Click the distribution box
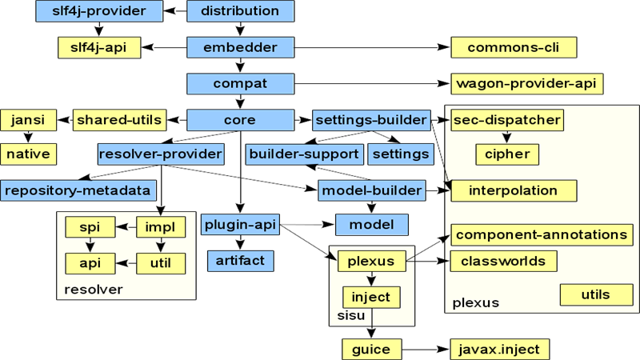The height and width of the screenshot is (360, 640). coord(240,11)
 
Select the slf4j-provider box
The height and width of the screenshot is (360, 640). coord(99,11)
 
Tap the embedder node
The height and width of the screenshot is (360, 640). coord(240,47)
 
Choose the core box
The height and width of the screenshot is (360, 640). coord(240,120)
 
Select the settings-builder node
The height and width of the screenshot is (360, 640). coord(370,120)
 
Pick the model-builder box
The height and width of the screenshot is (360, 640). coord(371,190)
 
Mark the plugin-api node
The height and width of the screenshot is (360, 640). coord(240,225)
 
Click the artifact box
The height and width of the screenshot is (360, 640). coord(240,260)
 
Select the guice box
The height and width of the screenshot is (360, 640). coord(371,350)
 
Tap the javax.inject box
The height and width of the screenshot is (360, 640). coord(500,350)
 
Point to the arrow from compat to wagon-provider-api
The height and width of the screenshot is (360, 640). coord(368,83)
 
